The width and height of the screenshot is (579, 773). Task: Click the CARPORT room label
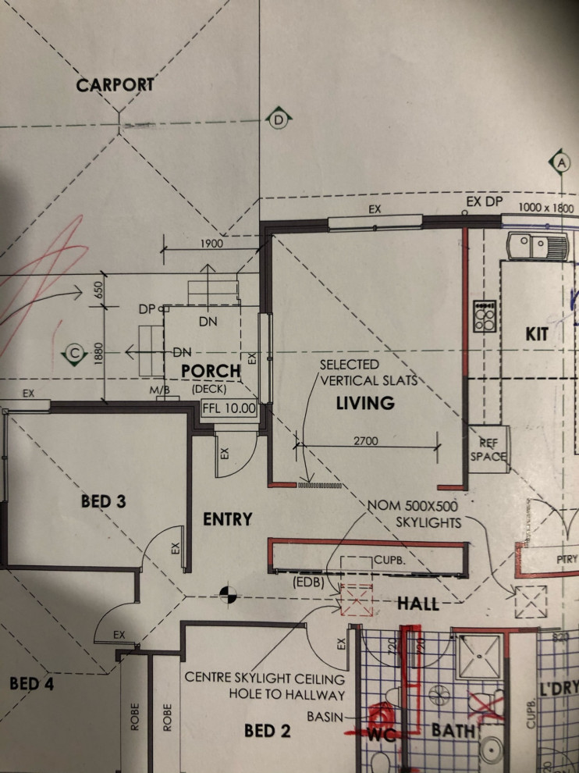(x=115, y=84)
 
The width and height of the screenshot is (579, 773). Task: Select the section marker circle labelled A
(x=560, y=162)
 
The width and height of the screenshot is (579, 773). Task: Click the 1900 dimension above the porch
(x=211, y=243)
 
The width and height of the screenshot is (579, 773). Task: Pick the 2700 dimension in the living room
(x=365, y=441)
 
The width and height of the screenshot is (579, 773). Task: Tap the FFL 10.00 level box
(x=229, y=408)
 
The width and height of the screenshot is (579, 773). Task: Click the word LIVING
(x=365, y=403)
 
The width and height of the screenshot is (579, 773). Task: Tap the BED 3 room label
(x=104, y=501)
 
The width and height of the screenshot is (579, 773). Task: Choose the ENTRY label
(x=228, y=518)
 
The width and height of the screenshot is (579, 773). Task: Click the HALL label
(x=418, y=603)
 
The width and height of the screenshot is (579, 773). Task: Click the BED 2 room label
(x=268, y=731)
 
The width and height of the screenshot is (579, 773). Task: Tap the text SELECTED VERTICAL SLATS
(x=366, y=372)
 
